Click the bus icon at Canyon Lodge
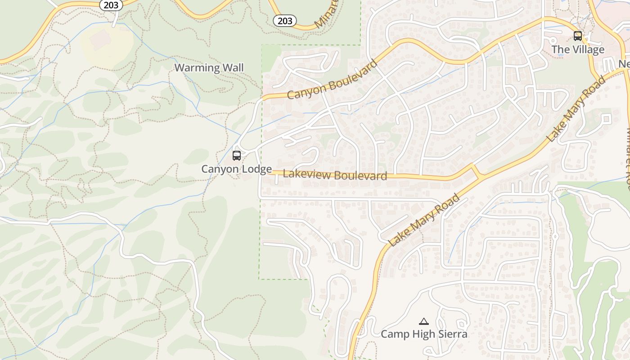point(237,156)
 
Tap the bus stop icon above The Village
point(578,36)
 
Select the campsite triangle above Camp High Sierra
point(423,321)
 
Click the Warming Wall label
point(209,68)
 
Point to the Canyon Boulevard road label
point(332,80)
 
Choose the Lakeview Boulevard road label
point(335,175)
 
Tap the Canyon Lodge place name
point(236,169)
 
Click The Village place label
point(578,49)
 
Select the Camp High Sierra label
point(424,334)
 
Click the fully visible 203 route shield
point(284,21)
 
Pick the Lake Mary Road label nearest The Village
point(576,109)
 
